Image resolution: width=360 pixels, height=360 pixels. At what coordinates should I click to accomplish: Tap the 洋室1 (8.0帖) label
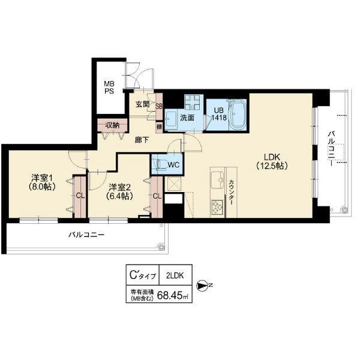click(x=43, y=182)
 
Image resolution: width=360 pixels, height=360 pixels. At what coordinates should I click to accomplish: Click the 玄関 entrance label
click(x=142, y=104)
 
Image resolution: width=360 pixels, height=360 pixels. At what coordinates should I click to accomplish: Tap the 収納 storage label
click(x=113, y=125)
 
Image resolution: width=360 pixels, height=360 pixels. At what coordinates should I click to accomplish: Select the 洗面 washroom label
click(x=187, y=118)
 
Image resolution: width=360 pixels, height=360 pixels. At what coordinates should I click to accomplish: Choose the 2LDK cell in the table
click(x=175, y=276)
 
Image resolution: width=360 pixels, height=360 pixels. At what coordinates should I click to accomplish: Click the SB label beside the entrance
click(x=159, y=107)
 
